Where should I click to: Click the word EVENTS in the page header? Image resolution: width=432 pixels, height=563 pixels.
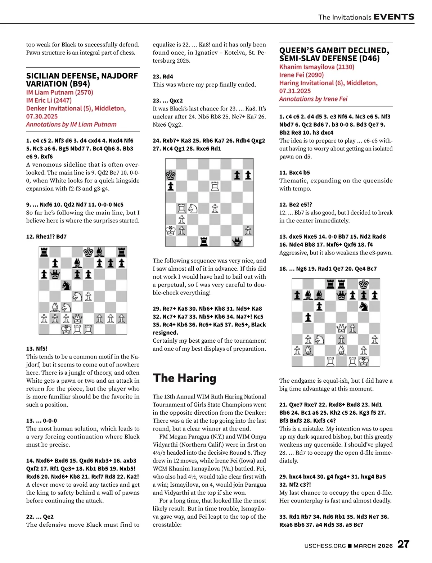[x=394, y=17]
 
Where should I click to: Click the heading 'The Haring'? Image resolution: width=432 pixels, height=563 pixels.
[x=184, y=378]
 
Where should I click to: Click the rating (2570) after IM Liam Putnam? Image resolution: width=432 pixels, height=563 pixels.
[x=84, y=92]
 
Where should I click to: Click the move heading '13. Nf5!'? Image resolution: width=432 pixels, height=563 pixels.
[x=37, y=348]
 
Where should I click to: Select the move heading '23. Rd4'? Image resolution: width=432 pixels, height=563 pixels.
[x=163, y=76]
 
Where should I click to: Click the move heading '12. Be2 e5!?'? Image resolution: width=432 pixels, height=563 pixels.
[x=296, y=204]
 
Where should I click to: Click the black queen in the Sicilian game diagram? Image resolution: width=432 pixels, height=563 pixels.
[x=55, y=275]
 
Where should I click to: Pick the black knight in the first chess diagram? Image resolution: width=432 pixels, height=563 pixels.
[x=66, y=285]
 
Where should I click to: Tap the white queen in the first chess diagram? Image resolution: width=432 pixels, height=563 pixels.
[x=77, y=319]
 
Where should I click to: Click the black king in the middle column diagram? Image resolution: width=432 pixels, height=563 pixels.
[x=170, y=175]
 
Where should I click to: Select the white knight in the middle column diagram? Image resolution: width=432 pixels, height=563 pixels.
[x=193, y=208]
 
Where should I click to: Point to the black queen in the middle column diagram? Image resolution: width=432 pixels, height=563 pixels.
[x=237, y=241]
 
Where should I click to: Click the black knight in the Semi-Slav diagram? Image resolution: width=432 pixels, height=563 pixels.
[x=364, y=306]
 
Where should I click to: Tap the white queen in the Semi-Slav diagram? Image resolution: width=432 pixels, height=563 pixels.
[x=341, y=328]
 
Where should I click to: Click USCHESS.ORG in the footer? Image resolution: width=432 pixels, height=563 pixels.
[x=325, y=546]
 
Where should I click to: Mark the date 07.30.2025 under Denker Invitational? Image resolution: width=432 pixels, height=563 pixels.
[x=42, y=116]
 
